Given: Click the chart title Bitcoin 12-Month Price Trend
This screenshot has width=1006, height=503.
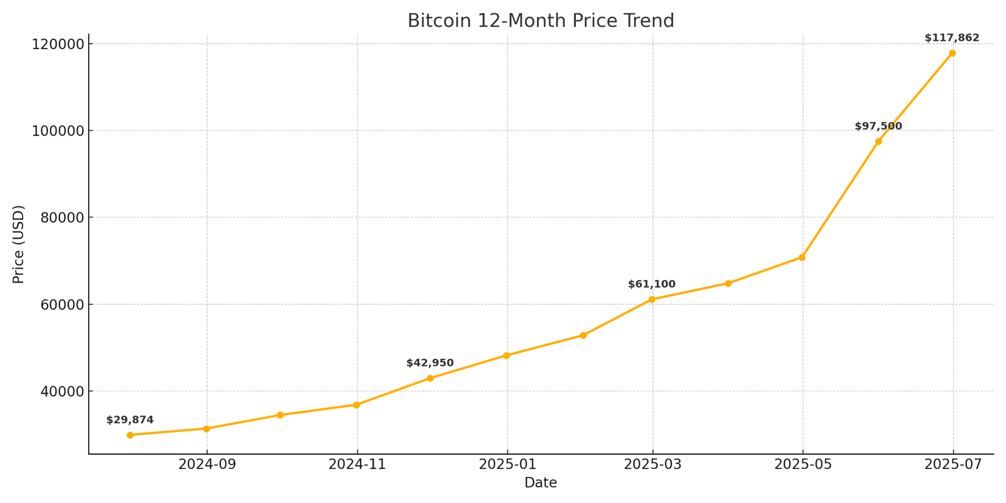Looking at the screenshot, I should [541, 21].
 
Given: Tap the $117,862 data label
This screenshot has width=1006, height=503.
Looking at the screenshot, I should [952, 38].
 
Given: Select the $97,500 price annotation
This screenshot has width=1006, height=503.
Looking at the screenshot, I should [878, 126].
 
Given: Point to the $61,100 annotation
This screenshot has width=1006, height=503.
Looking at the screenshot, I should [652, 284].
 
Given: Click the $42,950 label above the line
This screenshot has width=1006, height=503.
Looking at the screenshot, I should [430, 363].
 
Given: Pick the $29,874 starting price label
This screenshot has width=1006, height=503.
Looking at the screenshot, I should [130, 420].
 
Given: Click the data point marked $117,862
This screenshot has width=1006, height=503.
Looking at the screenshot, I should [952, 53].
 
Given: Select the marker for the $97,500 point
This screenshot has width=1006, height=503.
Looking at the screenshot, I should [878, 142].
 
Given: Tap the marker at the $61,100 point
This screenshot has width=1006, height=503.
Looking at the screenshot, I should [652, 299].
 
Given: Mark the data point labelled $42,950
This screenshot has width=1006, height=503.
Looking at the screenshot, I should [430, 378].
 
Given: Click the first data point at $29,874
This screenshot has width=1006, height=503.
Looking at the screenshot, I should [130, 435].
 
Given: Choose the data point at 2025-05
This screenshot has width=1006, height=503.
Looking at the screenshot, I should [802, 258].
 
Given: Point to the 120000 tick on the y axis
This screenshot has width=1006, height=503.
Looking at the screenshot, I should [58, 44].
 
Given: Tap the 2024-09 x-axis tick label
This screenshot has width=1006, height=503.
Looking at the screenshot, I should [207, 465].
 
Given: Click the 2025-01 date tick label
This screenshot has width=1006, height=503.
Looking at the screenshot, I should [508, 465].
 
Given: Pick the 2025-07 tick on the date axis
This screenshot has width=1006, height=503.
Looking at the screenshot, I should [953, 465].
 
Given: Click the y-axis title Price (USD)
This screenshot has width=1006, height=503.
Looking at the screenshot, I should [19, 244].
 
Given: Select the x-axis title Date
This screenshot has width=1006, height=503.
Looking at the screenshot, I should [541, 483].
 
